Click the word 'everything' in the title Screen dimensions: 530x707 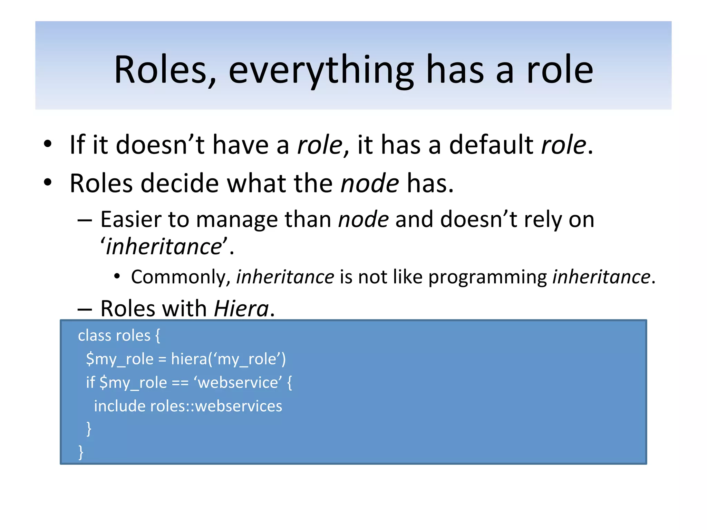321,71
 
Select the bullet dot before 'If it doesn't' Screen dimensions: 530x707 48,144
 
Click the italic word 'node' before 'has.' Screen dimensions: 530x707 369,184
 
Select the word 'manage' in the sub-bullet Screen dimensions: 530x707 236,220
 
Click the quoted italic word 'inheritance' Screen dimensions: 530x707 164,247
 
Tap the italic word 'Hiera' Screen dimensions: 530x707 241,308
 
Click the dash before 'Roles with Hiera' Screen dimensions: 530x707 85,309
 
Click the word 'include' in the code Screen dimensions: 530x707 119,406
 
